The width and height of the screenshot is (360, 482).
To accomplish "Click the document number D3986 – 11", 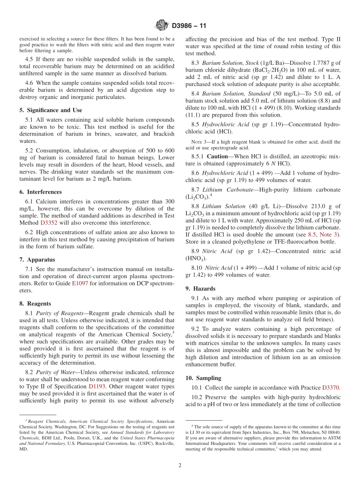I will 189,26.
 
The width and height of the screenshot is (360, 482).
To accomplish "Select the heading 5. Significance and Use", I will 51,110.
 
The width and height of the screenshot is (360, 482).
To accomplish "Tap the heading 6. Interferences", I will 41,192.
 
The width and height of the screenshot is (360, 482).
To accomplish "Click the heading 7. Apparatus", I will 37,260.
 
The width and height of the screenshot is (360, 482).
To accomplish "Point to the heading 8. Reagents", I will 35,304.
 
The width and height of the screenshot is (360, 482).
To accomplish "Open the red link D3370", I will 331,388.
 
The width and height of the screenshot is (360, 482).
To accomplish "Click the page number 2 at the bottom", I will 180,465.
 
